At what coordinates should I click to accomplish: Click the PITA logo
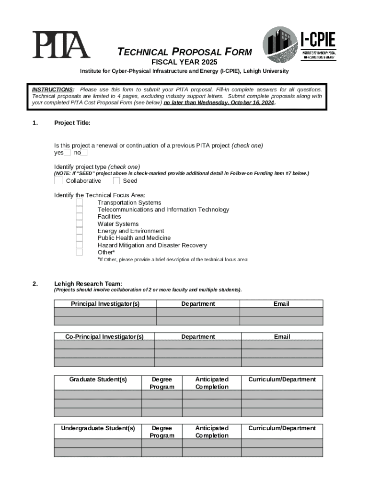(61, 45)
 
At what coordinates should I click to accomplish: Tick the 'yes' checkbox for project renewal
(67, 153)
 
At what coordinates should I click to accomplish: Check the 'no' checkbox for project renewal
(84, 153)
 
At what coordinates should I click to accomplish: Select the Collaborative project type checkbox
(58, 181)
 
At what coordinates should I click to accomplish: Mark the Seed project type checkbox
(116, 181)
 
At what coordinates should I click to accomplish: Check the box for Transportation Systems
(80, 202)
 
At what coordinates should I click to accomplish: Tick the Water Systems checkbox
(80, 224)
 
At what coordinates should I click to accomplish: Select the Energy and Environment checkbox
(80, 231)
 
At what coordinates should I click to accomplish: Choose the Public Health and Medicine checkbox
(80, 238)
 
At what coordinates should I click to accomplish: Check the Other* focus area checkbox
(80, 252)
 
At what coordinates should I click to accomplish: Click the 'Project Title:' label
(72, 123)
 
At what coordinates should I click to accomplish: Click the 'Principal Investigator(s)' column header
(105, 304)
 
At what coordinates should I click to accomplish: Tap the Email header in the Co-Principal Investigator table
(282, 337)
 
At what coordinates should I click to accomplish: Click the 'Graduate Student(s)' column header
(98, 379)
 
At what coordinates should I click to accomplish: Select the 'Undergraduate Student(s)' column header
(98, 428)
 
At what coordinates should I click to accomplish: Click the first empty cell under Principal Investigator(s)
(105, 312)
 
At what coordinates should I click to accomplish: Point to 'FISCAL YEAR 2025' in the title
(184, 63)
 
